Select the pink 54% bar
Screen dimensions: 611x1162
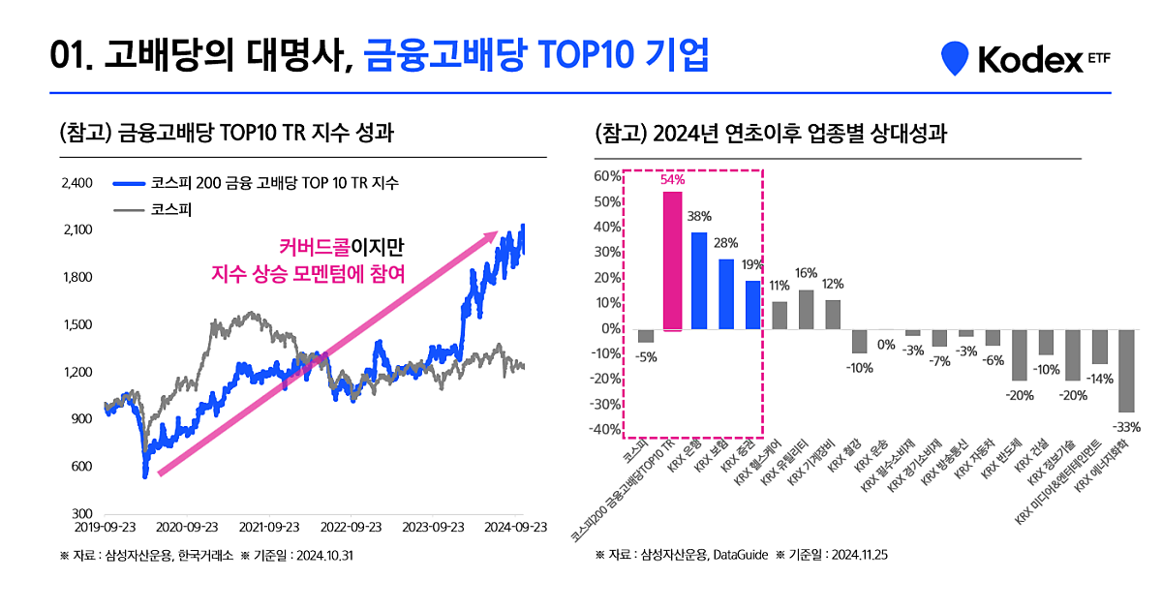(x=672, y=260)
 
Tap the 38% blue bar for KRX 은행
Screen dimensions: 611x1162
(x=699, y=281)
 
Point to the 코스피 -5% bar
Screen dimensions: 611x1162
(x=645, y=336)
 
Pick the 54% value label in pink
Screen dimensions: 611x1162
(x=672, y=180)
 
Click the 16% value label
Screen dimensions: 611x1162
(x=806, y=274)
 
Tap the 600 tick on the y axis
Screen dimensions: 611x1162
(x=82, y=467)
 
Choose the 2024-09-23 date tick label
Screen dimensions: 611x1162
(x=516, y=528)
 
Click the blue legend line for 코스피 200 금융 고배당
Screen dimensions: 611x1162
(x=130, y=183)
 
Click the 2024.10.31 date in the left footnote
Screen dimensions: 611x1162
(x=325, y=557)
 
